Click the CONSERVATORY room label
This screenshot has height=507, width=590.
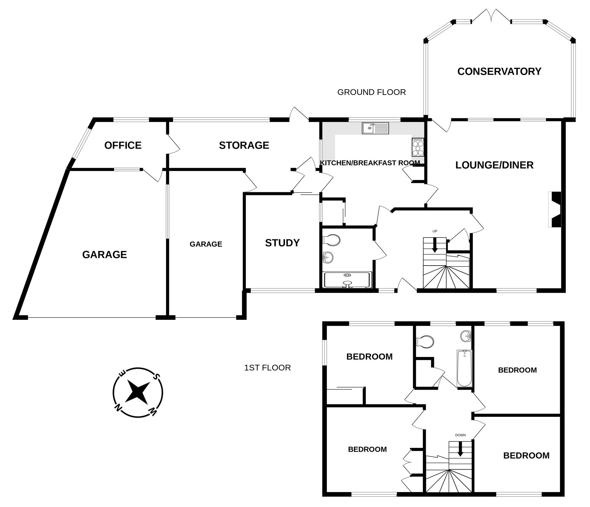point(499,71)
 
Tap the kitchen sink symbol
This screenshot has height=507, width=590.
point(375,128)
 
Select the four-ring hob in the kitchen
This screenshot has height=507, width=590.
point(418,147)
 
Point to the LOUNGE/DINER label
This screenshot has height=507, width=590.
point(494,165)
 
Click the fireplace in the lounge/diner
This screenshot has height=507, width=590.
point(555,209)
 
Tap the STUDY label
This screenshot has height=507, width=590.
point(282,243)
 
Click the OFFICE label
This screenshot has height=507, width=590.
point(123,145)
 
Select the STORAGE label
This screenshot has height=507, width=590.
point(244,145)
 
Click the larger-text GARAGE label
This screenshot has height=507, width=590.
point(104,255)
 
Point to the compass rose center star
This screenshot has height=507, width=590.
point(138,392)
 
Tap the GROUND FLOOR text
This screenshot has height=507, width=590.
point(371,92)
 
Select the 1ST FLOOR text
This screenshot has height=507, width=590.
point(267,368)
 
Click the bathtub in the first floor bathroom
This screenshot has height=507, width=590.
point(464,368)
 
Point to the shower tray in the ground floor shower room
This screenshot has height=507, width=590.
point(348,280)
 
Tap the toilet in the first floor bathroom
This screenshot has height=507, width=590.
point(425,341)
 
